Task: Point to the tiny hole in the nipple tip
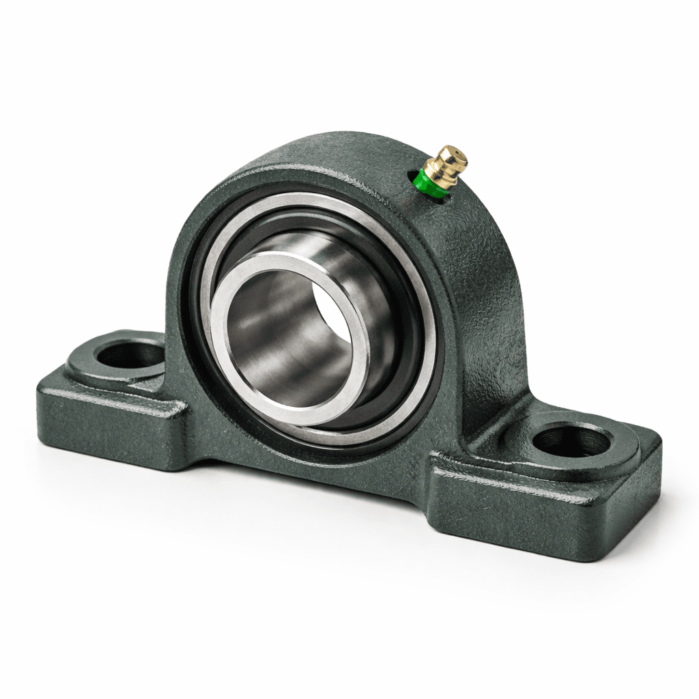459,152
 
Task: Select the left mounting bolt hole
130,354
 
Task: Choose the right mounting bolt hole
571,441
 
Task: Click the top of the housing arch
328,147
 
